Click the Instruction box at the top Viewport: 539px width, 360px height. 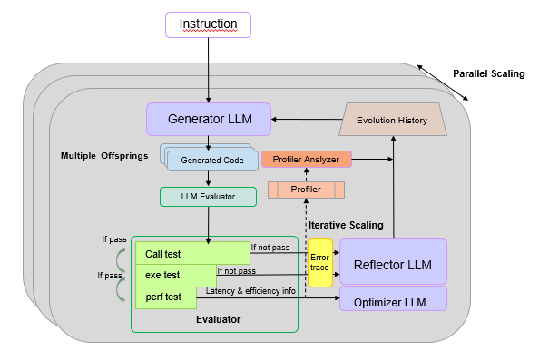(208, 24)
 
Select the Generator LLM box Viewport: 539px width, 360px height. (209, 119)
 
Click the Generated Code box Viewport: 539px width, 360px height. (211, 161)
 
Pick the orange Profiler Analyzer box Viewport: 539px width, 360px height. (306, 160)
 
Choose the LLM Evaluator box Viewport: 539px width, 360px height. (208, 196)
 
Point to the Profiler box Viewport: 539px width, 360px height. (306, 190)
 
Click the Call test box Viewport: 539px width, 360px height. (191, 253)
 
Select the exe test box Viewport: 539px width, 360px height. (175, 274)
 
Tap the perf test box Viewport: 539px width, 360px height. (169, 297)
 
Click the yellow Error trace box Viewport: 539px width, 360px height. (320, 263)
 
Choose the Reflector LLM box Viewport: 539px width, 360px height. (393, 264)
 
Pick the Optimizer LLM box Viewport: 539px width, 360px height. (393, 301)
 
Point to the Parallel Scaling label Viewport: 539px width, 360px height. (488, 74)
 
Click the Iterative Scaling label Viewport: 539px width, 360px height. (346, 224)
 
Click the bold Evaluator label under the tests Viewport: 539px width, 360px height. (219, 319)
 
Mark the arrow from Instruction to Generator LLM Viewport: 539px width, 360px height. (208, 70)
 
